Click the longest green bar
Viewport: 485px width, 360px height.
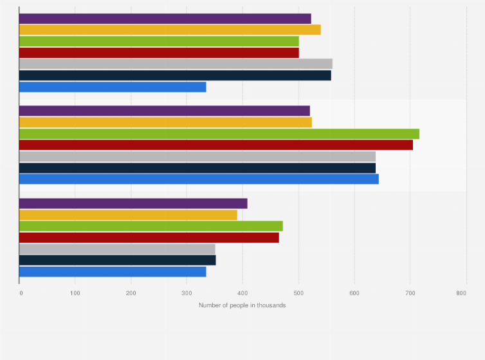[x=219, y=134]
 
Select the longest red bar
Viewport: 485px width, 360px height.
[x=215, y=145]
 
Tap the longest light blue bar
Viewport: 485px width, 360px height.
[x=199, y=179]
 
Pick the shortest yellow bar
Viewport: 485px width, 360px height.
[x=128, y=215]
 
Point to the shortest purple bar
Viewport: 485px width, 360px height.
[x=133, y=204]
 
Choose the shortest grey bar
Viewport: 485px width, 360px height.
[x=117, y=249]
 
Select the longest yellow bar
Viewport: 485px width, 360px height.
[x=170, y=30]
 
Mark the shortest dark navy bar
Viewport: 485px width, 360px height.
[x=117, y=260]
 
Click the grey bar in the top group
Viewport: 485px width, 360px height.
[x=176, y=64]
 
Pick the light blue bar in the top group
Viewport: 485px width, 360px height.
[x=113, y=87]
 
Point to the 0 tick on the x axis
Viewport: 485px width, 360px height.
[x=21, y=293]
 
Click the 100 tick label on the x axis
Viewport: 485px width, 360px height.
[x=75, y=293]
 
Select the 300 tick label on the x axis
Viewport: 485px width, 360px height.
[x=187, y=293]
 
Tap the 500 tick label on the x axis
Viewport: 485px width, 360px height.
[x=298, y=293]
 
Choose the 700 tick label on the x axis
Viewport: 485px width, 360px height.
[x=410, y=293]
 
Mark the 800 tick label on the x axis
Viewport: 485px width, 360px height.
[x=461, y=293]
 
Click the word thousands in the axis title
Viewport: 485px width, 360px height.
[x=271, y=305]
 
